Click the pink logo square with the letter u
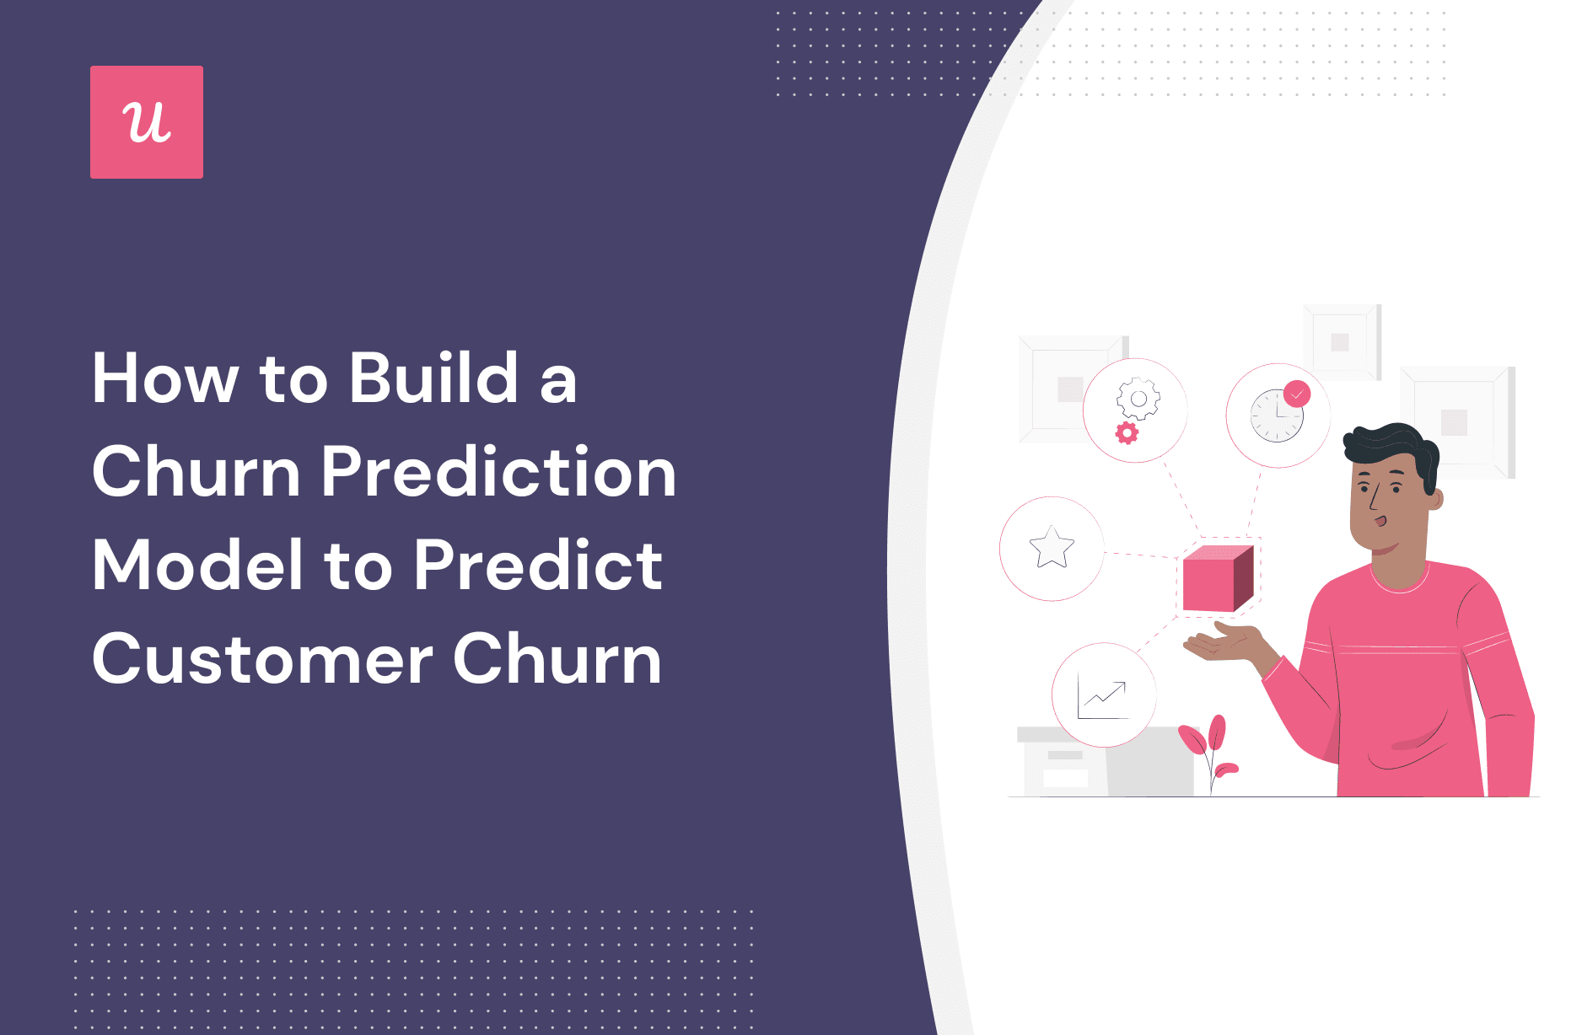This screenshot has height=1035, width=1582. pos(147,122)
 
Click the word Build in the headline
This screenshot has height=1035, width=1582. pos(434,378)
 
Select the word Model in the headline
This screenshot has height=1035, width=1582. pos(197,565)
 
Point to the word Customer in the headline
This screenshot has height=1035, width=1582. pos(263,659)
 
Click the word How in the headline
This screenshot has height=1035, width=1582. pos(166,378)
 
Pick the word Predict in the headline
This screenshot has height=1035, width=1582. pos(538,565)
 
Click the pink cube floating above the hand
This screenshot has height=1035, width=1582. pos(1218,577)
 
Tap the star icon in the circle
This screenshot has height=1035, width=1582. pos(1052,548)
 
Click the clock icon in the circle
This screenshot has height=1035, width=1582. pos(1277,416)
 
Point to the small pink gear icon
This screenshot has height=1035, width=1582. pos(1127,433)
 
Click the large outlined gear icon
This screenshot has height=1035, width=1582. pos(1138,399)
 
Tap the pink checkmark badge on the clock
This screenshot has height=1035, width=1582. pos(1297,394)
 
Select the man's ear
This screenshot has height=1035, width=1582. pos(1434,497)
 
